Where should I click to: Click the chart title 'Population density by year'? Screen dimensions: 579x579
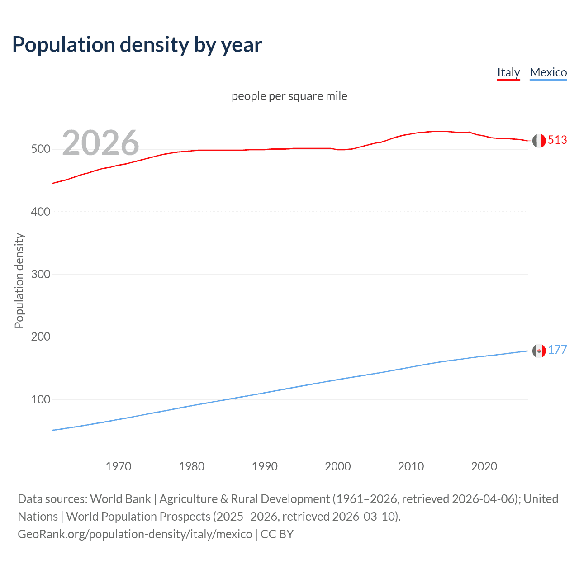click(137, 45)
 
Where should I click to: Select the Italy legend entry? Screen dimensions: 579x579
click(508, 72)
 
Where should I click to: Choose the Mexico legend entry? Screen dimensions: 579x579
click(548, 72)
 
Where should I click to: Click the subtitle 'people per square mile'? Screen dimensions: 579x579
click(289, 96)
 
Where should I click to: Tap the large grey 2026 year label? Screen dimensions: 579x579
click(100, 143)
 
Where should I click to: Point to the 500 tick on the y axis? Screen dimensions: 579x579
click(41, 149)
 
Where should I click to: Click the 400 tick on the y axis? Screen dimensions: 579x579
click(41, 212)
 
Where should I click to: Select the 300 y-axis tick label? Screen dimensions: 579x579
click(41, 275)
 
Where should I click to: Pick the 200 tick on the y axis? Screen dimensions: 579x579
click(41, 337)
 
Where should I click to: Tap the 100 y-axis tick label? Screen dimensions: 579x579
click(41, 400)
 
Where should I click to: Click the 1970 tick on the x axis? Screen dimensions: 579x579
click(119, 466)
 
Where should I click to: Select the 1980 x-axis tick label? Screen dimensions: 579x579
click(192, 466)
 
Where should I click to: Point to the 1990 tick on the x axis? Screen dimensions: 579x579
click(265, 466)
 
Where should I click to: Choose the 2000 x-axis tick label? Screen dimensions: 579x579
click(338, 466)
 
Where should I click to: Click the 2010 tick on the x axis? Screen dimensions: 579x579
click(411, 466)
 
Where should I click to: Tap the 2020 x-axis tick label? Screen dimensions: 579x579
click(484, 466)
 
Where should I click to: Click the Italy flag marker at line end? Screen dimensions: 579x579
click(539, 141)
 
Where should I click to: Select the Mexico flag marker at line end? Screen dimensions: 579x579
click(539, 351)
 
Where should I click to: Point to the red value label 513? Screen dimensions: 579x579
click(557, 140)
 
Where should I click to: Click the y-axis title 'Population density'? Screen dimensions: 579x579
click(19, 280)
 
